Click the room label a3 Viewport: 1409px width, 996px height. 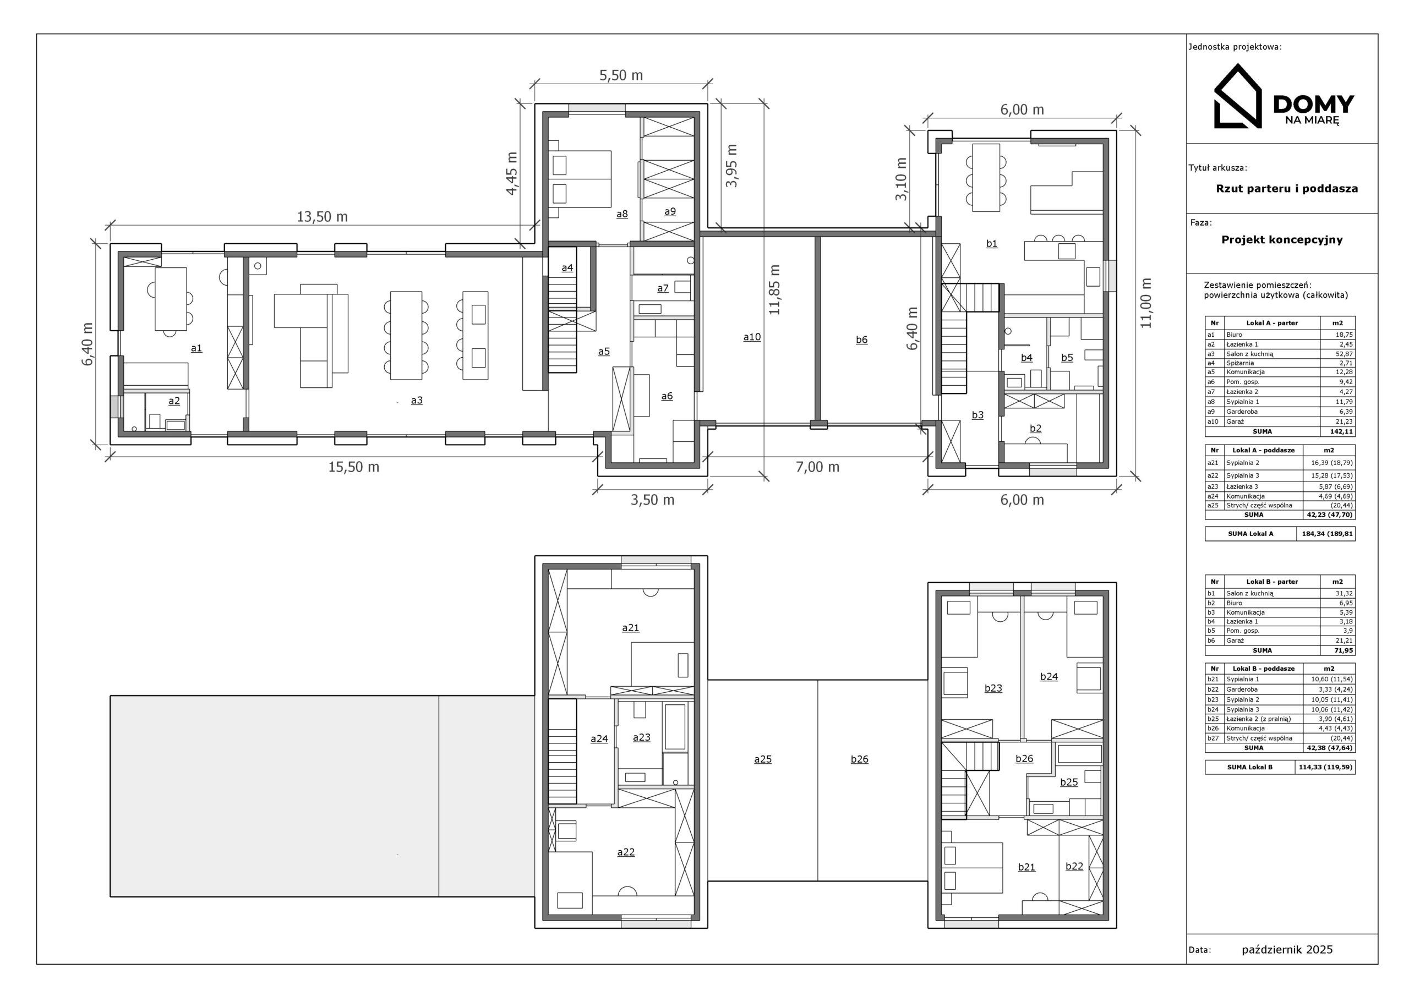[x=417, y=400]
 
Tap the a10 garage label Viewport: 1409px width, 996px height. [x=752, y=337]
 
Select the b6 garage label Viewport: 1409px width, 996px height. [x=861, y=340]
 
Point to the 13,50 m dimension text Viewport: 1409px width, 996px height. [x=322, y=217]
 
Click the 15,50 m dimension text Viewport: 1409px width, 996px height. [x=353, y=467]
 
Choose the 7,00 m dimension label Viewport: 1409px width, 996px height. [x=817, y=467]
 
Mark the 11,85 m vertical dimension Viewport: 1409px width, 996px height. [x=774, y=289]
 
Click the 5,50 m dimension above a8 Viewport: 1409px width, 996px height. [x=621, y=75]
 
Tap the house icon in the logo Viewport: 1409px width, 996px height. [x=1237, y=97]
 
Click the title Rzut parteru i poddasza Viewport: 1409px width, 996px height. [x=1287, y=188]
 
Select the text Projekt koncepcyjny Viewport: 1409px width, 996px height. [x=1282, y=239]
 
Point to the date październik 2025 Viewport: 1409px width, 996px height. [x=1287, y=949]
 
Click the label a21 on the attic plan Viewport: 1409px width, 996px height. [x=630, y=627]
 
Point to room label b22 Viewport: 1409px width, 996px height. [x=1074, y=866]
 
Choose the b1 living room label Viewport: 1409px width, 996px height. [x=992, y=243]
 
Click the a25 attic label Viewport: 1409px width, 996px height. [x=763, y=759]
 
